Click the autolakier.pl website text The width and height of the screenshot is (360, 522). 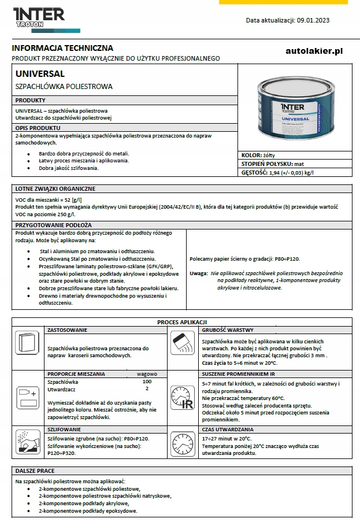coord(314,51)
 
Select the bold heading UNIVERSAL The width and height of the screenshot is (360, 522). coord(40,74)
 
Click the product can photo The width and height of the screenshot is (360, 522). coord(295,110)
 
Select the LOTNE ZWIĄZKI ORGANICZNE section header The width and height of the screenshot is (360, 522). coord(55,188)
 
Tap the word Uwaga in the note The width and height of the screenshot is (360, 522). coord(198,272)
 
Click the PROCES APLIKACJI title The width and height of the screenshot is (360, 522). coord(182,322)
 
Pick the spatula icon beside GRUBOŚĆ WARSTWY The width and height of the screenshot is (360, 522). coord(183,346)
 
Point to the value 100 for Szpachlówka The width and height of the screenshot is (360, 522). coord(147,382)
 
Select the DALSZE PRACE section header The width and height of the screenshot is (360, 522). coord(35,471)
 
